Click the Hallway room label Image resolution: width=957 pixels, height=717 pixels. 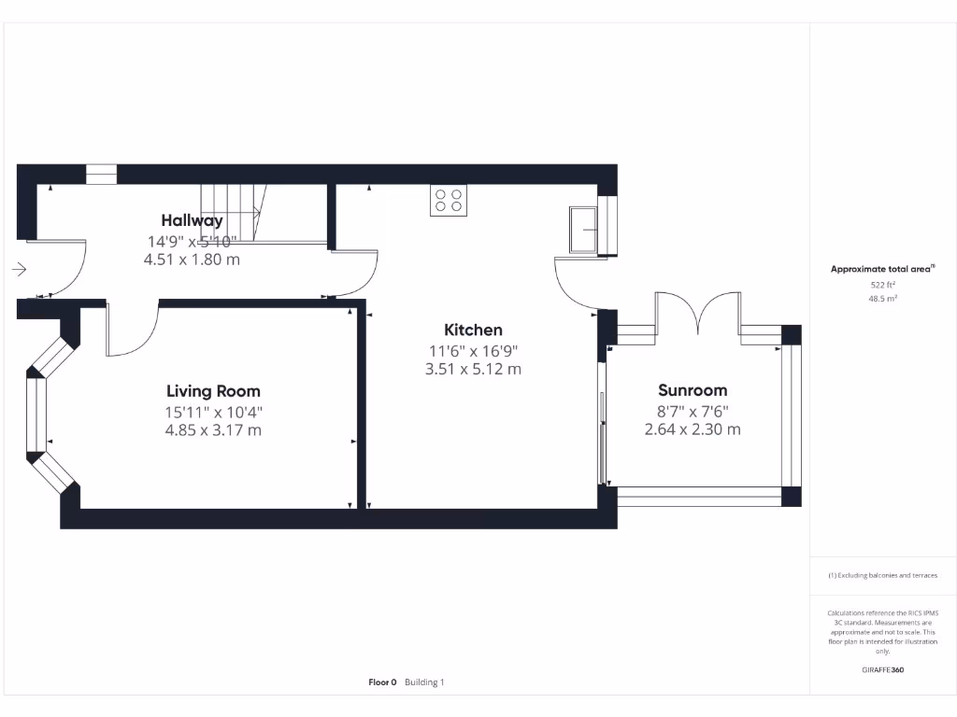pos(192,221)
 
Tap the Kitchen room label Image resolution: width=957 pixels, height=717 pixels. pos(473,330)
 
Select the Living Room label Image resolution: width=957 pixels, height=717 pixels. pos(213,391)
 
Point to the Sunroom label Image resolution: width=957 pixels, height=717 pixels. pos(693,390)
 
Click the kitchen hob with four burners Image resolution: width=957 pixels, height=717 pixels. pos(449,201)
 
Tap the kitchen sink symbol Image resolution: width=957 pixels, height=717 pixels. pos(585,230)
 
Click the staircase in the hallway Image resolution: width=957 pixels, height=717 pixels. pos(234,212)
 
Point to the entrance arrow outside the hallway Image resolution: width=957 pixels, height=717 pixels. pos(20,270)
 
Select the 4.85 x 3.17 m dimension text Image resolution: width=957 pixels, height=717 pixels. pos(213,430)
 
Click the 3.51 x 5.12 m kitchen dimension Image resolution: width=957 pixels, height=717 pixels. pos(473,369)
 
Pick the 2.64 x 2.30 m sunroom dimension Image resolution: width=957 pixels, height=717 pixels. pos(693,429)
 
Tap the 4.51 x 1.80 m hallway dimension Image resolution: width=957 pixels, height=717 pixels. pos(192,260)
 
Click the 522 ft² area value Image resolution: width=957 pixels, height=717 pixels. pos(883,284)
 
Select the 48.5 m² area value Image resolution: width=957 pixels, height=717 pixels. pos(883,299)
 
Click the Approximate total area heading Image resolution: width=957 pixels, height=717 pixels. pos(881,269)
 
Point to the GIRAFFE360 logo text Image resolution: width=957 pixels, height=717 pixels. pos(882,669)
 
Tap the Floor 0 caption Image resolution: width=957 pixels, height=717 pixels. pos(382,682)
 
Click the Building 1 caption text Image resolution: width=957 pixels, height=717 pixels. pos(424,682)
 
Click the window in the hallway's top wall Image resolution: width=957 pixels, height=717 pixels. pos(101,174)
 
